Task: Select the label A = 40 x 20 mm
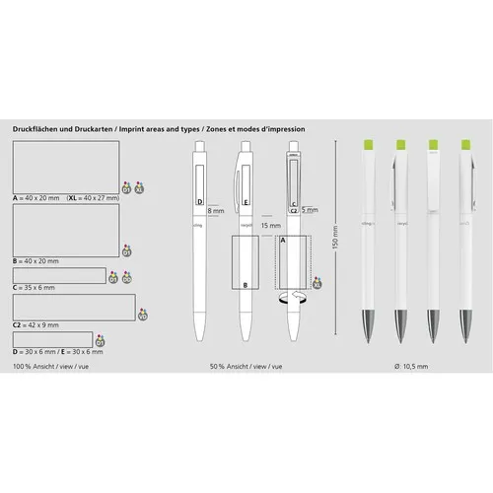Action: [35, 199]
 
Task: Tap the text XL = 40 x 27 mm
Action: [93, 199]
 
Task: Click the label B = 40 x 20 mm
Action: [35, 260]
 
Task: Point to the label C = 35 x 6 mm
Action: [34, 287]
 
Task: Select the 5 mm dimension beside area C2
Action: [310, 210]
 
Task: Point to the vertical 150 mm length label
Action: [335, 238]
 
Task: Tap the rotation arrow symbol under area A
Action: [292, 299]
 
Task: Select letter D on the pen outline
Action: [200, 202]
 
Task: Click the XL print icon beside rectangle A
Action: [140, 186]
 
